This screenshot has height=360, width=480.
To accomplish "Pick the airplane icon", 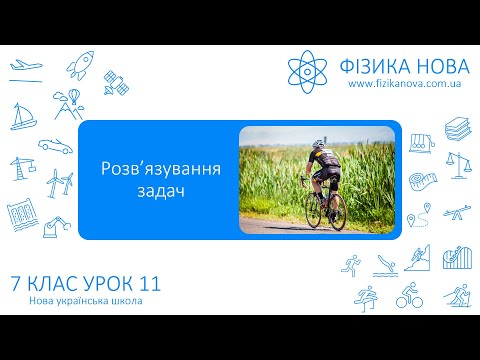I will coord(24,67).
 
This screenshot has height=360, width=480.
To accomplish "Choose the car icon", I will coord(56,145).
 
